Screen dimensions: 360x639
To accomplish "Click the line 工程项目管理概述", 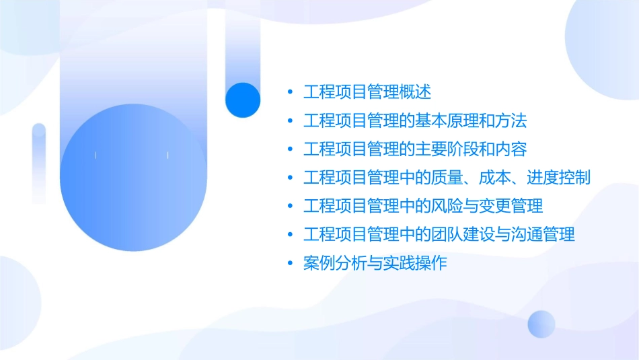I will [367, 92].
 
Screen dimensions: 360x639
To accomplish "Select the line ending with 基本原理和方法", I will [414, 121].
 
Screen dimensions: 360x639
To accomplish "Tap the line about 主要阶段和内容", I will [414, 149].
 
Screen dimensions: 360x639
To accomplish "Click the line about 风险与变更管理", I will [423, 205].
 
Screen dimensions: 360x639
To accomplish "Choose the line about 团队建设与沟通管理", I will [439, 234].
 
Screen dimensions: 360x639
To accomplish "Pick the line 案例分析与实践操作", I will [375, 263].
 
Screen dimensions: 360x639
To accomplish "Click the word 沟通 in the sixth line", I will [526, 234].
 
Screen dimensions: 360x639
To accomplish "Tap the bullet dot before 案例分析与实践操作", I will [289, 263].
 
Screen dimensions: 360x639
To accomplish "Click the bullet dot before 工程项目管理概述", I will [289, 92].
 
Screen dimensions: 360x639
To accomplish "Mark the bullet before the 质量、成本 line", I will [289, 178].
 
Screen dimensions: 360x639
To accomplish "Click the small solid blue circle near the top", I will [242, 100].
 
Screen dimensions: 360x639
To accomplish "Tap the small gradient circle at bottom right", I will [541, 324].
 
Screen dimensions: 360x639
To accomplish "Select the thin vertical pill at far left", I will [39, 163].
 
